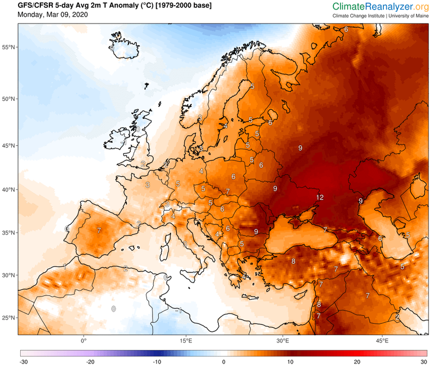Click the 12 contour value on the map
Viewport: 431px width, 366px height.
click(x=319, y=198)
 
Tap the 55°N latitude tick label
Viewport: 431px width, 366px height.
click(x=8, y=48)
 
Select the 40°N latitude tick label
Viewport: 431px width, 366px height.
click(x=8, y=190)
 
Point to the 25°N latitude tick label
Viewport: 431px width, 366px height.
click(x=8, y=318)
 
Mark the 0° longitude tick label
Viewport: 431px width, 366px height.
click(x=84, y=340)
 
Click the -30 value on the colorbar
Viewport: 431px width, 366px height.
click(x=24, y=362)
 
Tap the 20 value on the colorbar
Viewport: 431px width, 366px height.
click(x=357, y=362)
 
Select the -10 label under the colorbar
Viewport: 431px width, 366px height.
click(x=157, y=362)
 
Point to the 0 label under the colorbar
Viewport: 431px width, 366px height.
click(x=224, y=362)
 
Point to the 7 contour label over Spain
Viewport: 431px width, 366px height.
click(x=99, y=230)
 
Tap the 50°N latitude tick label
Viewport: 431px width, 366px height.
click(x=8, y=99)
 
